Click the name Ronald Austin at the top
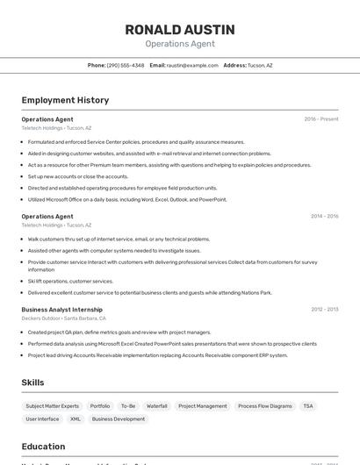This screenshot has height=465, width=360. (179, 29)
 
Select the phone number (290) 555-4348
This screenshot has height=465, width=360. (126, 65)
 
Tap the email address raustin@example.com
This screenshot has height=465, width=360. (192, 65)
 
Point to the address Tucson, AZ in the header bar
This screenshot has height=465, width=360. (260, 65)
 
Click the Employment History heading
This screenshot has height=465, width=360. (65, 100)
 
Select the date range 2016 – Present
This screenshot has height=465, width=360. (320, 118)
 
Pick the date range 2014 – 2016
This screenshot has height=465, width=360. (324, 216)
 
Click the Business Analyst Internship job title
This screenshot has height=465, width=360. (61, 310)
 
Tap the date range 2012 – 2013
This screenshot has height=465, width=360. (324, 310)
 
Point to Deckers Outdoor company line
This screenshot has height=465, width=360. (63, 318)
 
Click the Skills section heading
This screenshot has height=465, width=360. (32, 383)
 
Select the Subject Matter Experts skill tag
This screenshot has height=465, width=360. (52, 406)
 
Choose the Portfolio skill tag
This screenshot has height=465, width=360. (100, 406)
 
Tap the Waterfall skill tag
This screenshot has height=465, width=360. (156, 406)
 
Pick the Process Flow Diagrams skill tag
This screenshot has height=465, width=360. (264, 406)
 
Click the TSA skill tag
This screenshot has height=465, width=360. (308, 406)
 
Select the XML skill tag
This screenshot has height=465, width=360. (76, 419)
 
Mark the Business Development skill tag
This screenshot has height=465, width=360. (119, 419)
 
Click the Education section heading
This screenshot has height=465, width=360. (43, 447)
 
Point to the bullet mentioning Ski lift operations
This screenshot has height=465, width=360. (70, 282)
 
